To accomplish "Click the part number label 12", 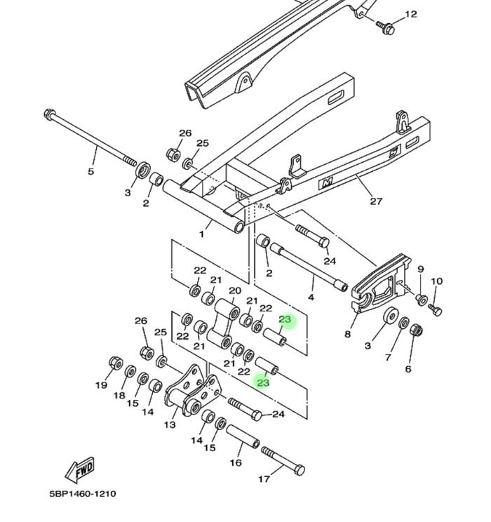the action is point(411,14).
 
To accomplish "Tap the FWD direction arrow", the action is point(79,469).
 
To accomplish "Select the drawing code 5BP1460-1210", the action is point(83,493).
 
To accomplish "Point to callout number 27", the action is point(376,201).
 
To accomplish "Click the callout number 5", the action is point(91,171).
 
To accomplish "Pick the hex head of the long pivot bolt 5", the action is point(49,114).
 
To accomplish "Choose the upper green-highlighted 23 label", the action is point(285,320).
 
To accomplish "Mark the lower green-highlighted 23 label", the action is point(263,382).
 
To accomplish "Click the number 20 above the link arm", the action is point(235,290).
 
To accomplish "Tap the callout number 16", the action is point(236,463).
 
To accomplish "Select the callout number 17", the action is point(264,479).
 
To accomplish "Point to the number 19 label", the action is point(102,385).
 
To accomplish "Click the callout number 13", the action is point(170,424).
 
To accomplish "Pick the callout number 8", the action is point(347,334).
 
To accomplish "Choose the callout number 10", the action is point(437,281).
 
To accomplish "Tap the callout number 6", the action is point(408,369).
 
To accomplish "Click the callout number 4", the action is point(311,297).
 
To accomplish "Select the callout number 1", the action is point(201,234).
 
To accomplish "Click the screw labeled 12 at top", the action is point(386,27).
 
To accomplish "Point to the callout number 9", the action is point(421,269).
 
